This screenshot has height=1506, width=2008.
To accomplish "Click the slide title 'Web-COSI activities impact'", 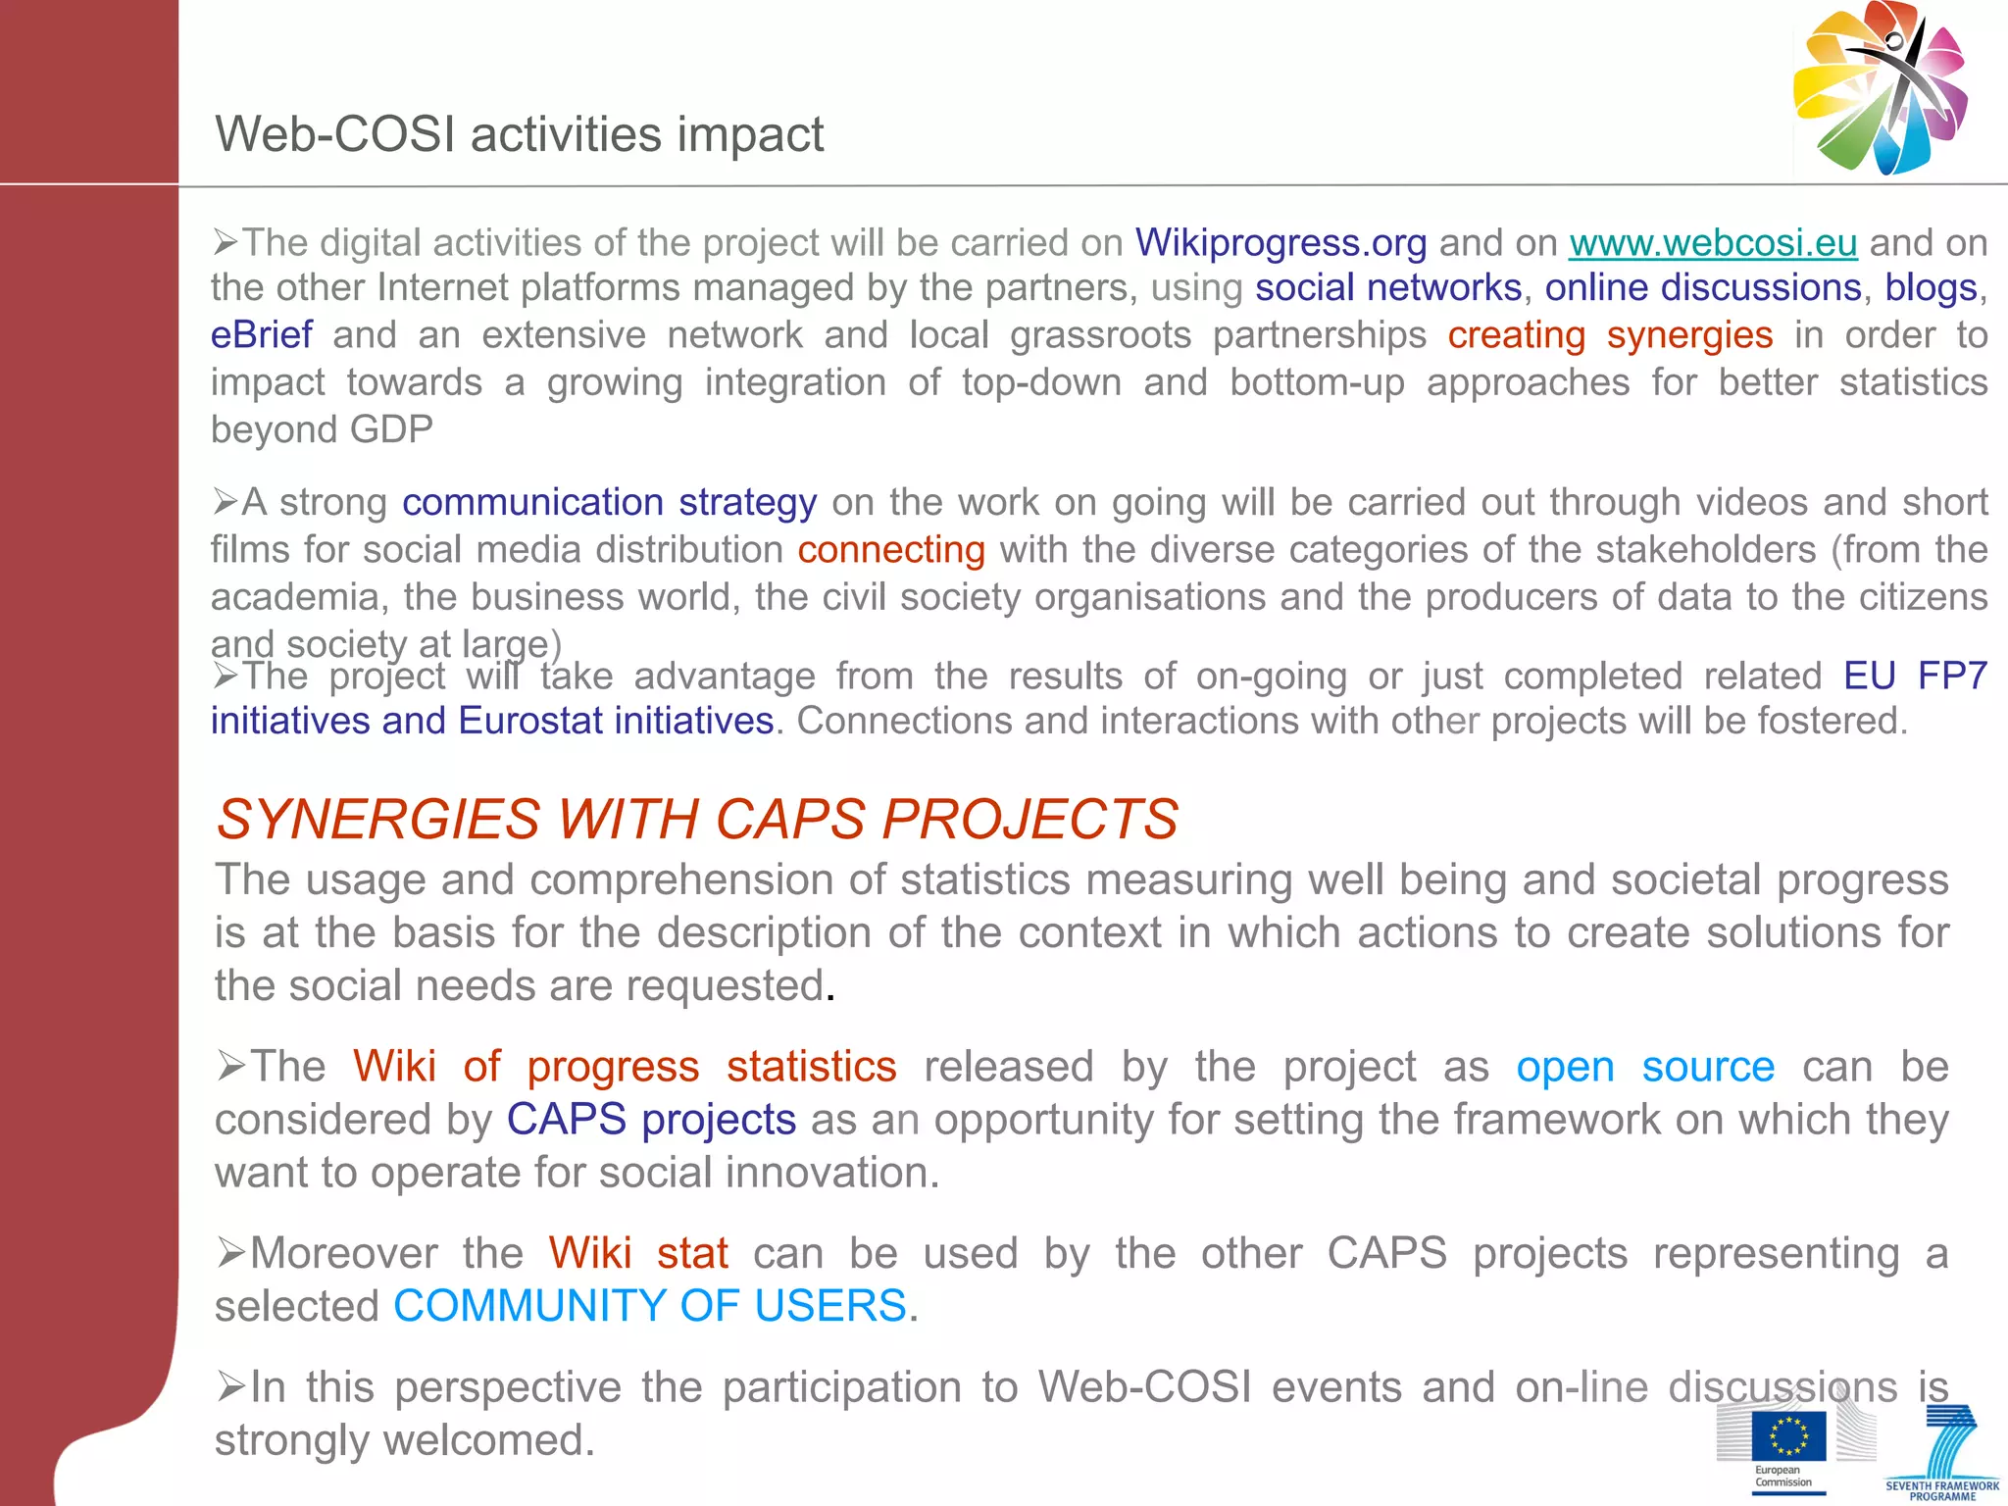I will click(x=519, y=134).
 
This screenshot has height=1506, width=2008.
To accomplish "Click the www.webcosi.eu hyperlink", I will click(x=1713, y=242).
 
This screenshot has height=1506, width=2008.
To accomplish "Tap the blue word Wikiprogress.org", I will click(x=1280, y=242).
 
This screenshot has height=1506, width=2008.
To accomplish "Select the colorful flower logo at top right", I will click(x=1880, y=89).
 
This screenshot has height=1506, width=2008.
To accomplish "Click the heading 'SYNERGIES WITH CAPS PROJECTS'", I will click(x=697, y=819).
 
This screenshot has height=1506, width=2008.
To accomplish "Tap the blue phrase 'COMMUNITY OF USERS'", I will click(x=649, y=1306).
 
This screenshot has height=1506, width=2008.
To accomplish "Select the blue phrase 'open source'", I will click(x=1644, y=1067).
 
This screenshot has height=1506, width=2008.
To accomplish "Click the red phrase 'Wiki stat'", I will click(x=637, y=1253).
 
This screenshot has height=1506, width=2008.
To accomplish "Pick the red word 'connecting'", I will click(x=890, y=549).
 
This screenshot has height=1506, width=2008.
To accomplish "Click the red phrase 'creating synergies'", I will click(x=1610, y=335).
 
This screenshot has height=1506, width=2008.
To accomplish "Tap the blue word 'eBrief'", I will click(x=262, y=335).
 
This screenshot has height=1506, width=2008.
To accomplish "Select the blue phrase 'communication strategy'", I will click(x=609, y=502).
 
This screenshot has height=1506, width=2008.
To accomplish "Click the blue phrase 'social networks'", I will click(x=1387, y=288).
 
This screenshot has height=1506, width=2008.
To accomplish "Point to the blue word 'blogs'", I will click(x=1930, y=288).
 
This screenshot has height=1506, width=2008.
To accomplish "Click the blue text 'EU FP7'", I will click(x=1915, y=676).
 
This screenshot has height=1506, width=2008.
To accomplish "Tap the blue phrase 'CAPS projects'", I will click(x=651, y=1120).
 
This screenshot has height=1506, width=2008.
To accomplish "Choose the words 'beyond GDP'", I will click(x=322, y=429).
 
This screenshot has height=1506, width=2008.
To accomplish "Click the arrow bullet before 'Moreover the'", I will click(x=231, y=1253).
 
